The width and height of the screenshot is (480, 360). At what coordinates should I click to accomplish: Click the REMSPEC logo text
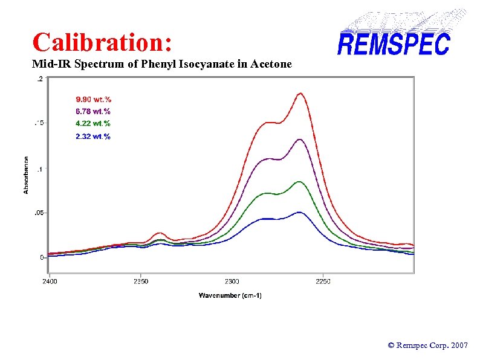pyautogui.click(x=394, y=44)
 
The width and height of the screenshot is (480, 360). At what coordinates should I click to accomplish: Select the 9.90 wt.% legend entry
pyautogui.click(x=93, y=98)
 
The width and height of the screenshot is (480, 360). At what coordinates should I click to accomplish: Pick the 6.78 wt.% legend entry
pyautogui.click(x=93, y=111)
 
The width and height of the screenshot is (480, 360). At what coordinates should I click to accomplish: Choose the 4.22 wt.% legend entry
pyautogui.click(x=93, y=124)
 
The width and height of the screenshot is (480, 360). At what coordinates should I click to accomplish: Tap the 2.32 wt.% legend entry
pyautogui.click(x=93, y=137)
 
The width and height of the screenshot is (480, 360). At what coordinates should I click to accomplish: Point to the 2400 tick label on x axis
pyautogui.click(x=50, y=281)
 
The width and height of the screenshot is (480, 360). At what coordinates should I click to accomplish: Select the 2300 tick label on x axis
pyautogui.click(x=232, y=281)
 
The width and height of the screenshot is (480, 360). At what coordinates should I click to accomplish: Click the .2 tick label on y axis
pyautogui.click(x=40, y=79)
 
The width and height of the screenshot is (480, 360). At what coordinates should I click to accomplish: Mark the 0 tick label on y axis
pyautogui.click(x=42, y=257)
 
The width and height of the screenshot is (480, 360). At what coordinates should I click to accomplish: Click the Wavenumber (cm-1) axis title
pyautogui.click(x=230, y=295)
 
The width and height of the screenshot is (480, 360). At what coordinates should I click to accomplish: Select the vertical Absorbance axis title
pyautogui.click(x=27, y=175)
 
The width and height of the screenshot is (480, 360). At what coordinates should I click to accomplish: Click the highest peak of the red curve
pyautogui.click(x=300, y=93)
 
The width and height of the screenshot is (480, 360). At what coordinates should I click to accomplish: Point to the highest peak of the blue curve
pyautogui.click(x=299, y=212)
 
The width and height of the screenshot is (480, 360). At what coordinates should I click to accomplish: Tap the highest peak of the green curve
pyautogui.click(x=299, y=181)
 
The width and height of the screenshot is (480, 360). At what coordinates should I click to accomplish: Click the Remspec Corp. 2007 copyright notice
pyautogui.click(x=427, y=346)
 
